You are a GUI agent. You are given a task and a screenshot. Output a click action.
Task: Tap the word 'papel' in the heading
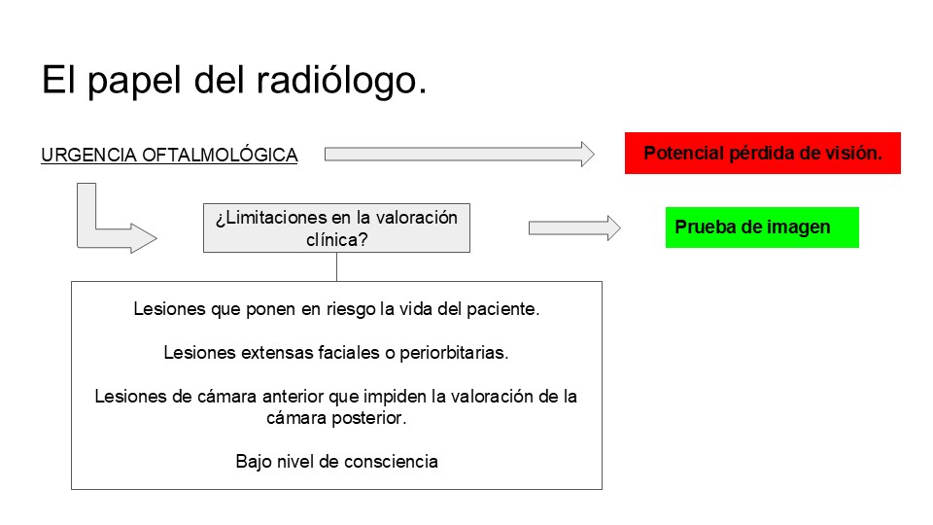[134, 81]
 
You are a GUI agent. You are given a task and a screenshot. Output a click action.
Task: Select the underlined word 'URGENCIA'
[88, 155]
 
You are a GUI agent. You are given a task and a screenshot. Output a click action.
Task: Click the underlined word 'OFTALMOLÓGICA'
[220, 155]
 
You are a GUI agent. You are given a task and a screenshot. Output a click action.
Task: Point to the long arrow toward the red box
[460, 155]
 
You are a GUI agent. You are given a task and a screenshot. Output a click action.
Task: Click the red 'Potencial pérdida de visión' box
[762, 153]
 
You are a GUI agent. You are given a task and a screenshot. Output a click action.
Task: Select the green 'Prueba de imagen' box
[762, 227]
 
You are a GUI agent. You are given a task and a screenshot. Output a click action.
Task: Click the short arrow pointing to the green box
[574, 227]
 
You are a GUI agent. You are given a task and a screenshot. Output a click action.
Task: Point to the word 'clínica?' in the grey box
[337, 239]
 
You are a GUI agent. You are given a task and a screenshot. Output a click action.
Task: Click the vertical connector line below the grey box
[337, 266]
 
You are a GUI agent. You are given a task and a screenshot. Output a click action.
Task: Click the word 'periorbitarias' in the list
[454, 352]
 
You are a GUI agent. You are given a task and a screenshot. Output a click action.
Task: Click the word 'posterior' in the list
[369, 418]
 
